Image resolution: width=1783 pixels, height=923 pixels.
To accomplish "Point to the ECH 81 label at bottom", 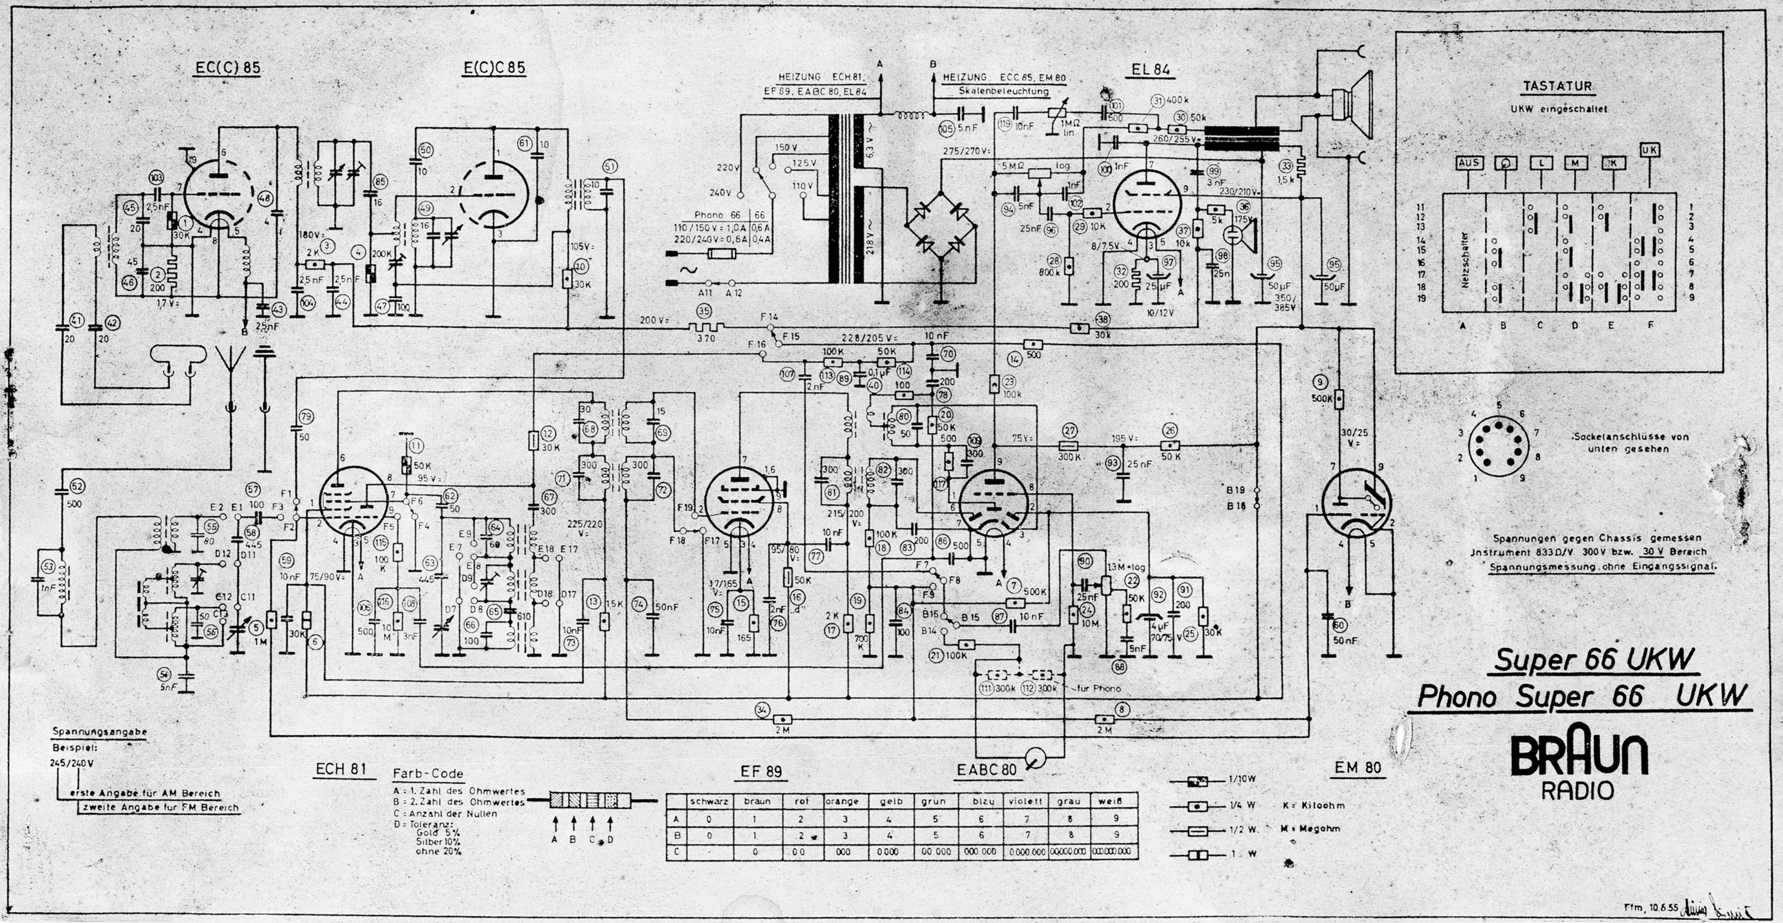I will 341,770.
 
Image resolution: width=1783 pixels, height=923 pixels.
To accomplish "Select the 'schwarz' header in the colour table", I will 709,801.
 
